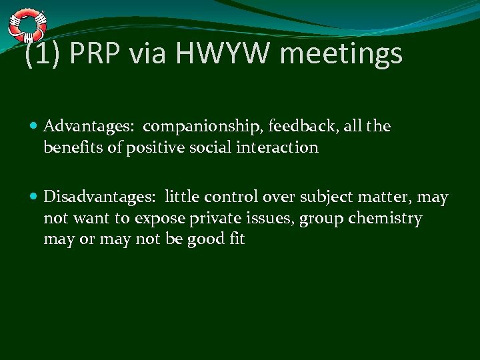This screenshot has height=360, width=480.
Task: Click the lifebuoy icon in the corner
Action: pyautogui.click(x=27, y=24)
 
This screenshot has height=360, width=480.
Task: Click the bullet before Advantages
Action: pyautogui.click(x=35, y=126)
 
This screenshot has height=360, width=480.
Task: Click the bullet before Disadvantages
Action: pyautogui.click(x=35, y=197)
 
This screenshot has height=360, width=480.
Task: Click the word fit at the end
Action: pyautogui.click(x=236, y=239)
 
